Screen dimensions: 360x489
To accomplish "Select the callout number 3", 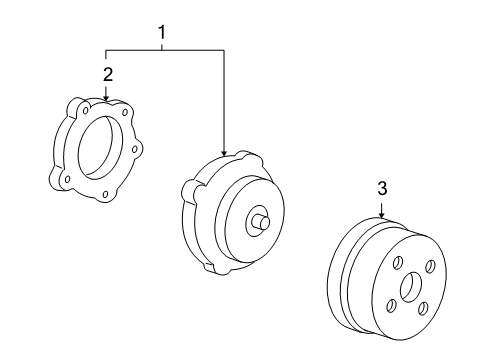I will coord(381,188).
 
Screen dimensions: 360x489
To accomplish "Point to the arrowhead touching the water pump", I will coord(225,151).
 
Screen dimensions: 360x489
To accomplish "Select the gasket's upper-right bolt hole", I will coord(123,108).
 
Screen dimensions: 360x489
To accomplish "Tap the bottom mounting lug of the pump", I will coord(208,267).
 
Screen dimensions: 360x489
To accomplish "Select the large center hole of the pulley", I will coord(412,287).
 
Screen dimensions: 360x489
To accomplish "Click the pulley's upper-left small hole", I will coord(396,263).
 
